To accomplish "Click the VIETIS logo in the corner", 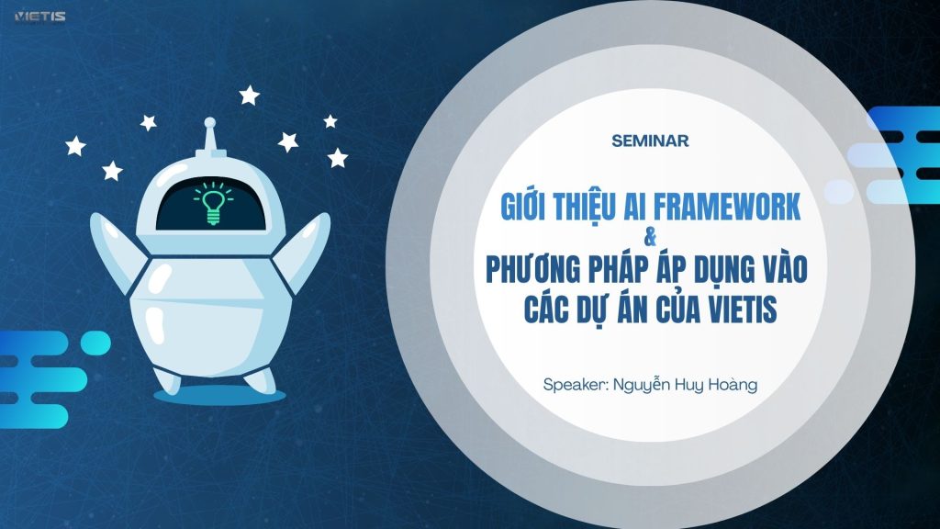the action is click(39, 17).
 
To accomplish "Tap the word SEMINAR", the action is click(651, 141).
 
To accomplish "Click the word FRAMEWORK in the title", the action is click(727, 206).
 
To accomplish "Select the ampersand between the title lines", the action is click(649, 238).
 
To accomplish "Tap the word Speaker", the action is click(575, 385).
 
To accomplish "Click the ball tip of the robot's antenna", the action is click(210, 123).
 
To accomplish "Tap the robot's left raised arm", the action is click(117, 250).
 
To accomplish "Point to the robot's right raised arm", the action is click(304, 250).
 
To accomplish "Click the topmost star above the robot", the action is click(250, 95).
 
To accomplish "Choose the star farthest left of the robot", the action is click(75, 146).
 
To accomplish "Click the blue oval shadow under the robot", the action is click(219, 395).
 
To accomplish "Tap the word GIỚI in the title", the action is click(522, 206).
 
